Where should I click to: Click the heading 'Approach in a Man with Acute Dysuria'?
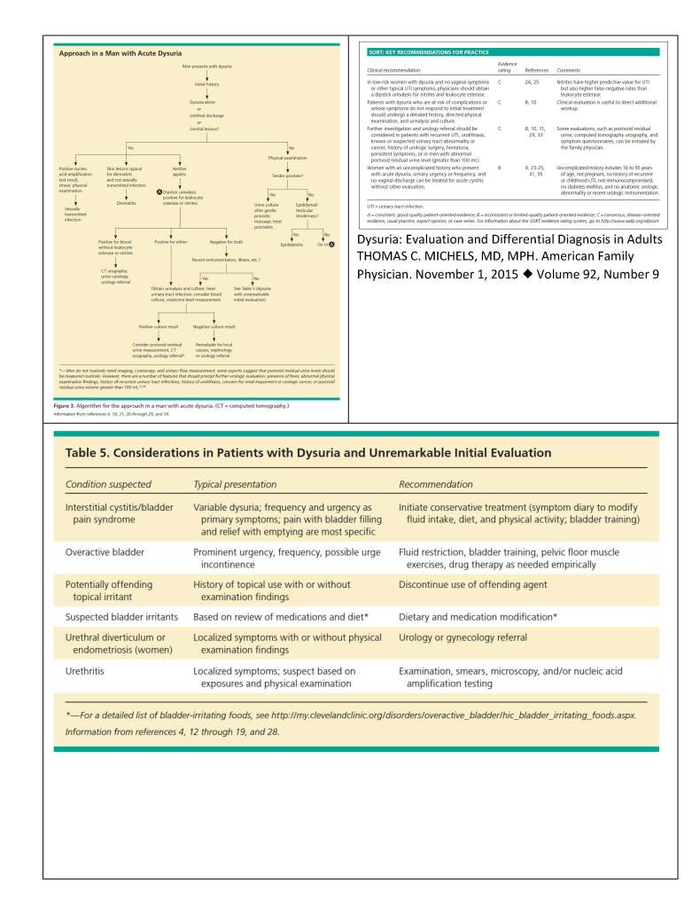[113, 54]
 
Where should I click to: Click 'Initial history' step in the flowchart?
[206, 84]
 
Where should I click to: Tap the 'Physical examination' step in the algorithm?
[287, 157]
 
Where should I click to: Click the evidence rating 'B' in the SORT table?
[500, 167]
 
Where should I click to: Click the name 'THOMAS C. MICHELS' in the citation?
[416, 257]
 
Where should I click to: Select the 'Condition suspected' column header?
[108, 484]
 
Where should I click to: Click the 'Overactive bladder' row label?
[105, 551]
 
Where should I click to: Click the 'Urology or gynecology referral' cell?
[476, 637]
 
